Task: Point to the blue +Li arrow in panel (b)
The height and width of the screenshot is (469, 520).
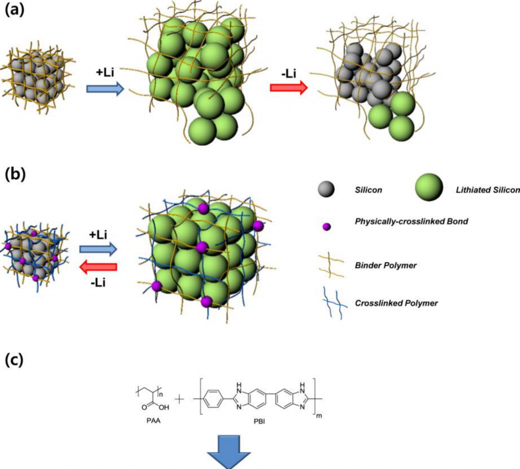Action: pyautogui.click(x=98, y=249)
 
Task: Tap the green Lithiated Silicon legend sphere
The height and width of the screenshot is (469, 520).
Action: pyautogui.click(x=429, y=187)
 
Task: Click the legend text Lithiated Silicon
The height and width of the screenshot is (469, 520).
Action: pyautogui.click(x=483, y=190)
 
